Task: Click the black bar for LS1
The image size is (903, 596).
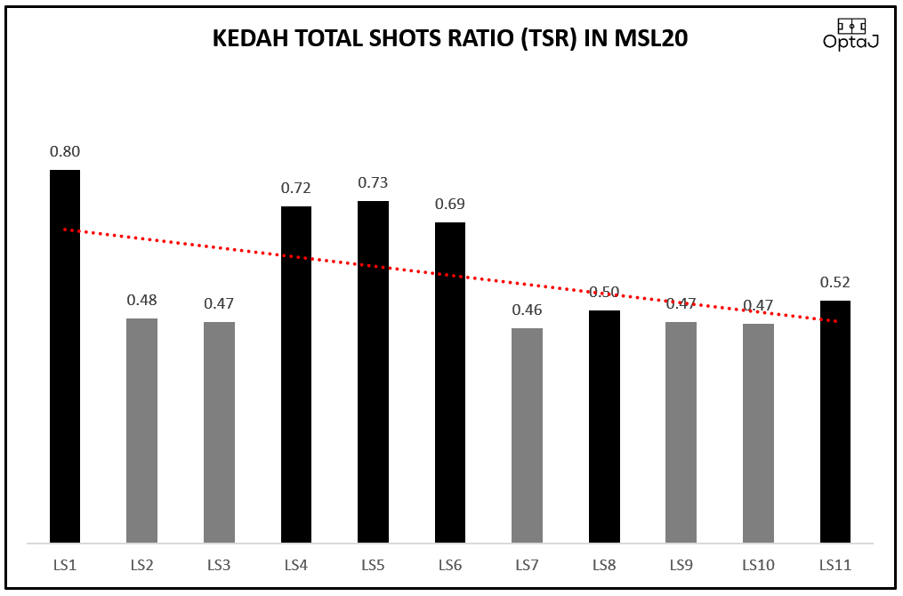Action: tap(65, 356)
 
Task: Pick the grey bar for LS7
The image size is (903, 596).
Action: tap(527, 435)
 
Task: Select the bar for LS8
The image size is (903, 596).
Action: tap(604, 426)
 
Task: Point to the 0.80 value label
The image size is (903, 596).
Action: tap(65, 151)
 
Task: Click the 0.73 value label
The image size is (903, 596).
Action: tap(373, 182)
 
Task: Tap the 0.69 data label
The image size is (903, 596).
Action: tap(450, 204)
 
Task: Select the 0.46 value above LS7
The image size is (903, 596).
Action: tap(527, 310)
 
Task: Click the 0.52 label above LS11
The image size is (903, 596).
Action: tap(835, 283)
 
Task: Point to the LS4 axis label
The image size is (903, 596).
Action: tap(296, 565)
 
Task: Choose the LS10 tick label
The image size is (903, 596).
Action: tap(758, 565)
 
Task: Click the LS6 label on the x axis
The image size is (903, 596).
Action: tap(450, 565)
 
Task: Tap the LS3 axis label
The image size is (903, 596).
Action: tap(219, 565)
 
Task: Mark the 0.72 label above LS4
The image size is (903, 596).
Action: tap(296, 188)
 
